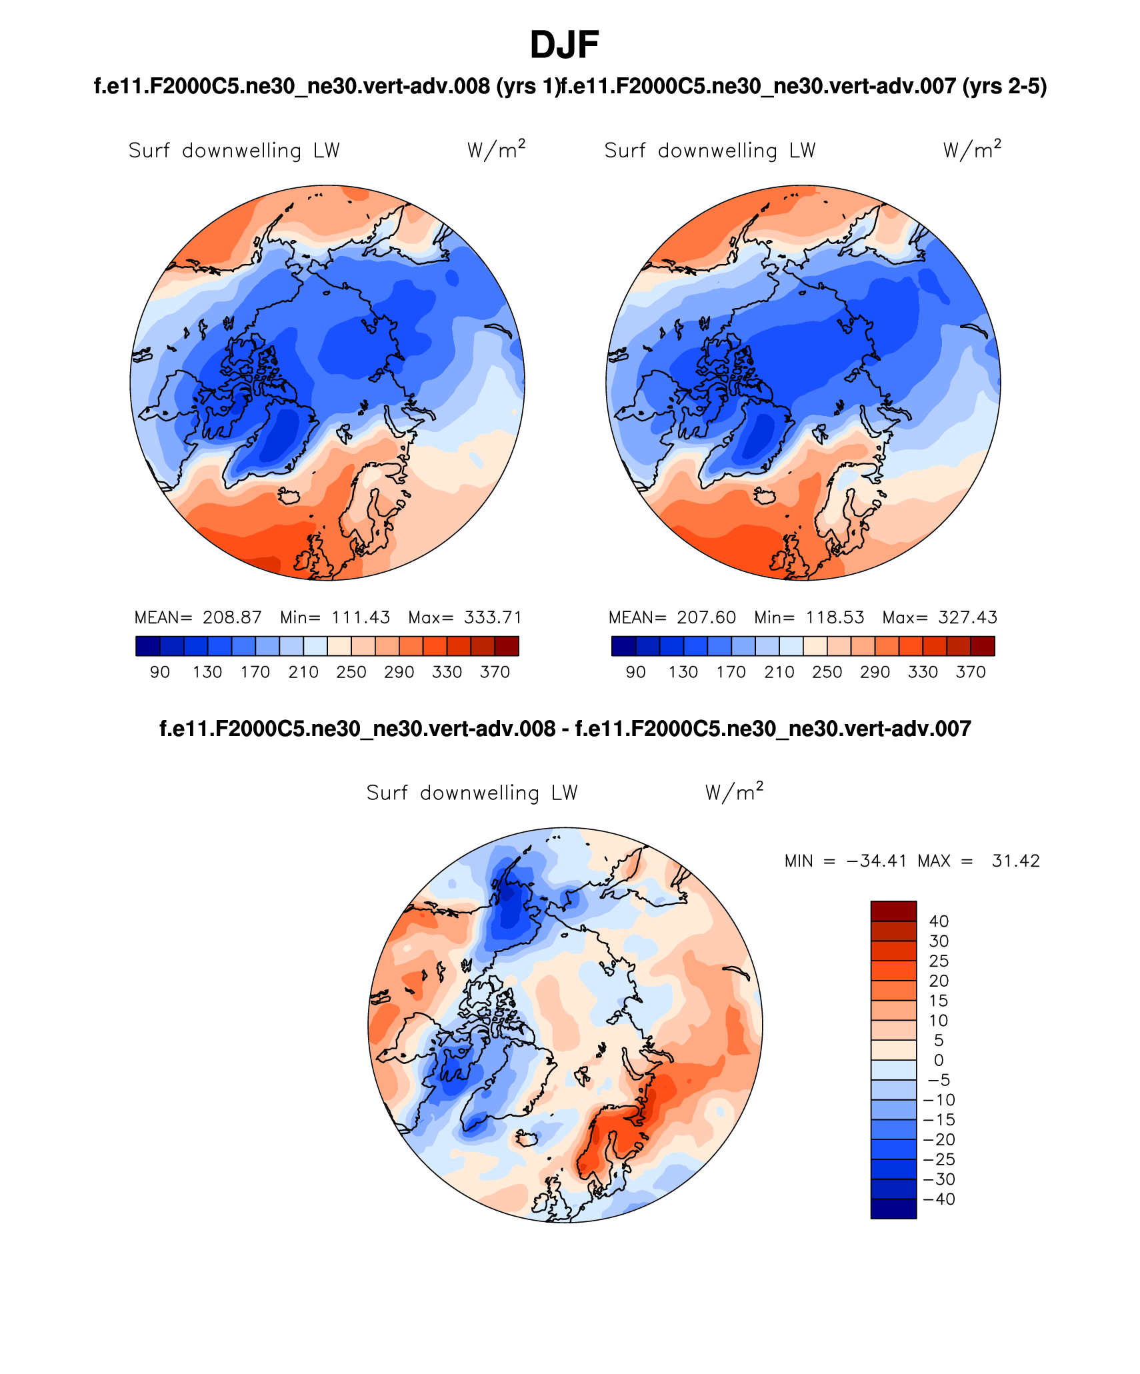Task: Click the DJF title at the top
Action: (564, 45)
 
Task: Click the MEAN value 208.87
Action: (232, 617)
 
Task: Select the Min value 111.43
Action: (361, 617)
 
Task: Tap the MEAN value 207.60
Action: (706, 617)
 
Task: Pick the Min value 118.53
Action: (835, 617)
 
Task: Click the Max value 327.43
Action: (967, 617)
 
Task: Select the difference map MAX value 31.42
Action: (1015, 861)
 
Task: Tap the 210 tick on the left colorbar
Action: (303, 672)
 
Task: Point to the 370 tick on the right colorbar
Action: (971, 672)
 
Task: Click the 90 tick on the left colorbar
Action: (160, 672)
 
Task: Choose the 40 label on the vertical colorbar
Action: (939, 921)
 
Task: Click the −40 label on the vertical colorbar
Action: (939, 1199)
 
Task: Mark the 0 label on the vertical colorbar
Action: (939, 1060)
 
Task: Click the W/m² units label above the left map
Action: (496, 149)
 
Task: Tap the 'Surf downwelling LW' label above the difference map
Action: (472, 793)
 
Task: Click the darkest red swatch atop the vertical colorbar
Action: (893, 911)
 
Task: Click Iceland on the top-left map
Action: (290, 496)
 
